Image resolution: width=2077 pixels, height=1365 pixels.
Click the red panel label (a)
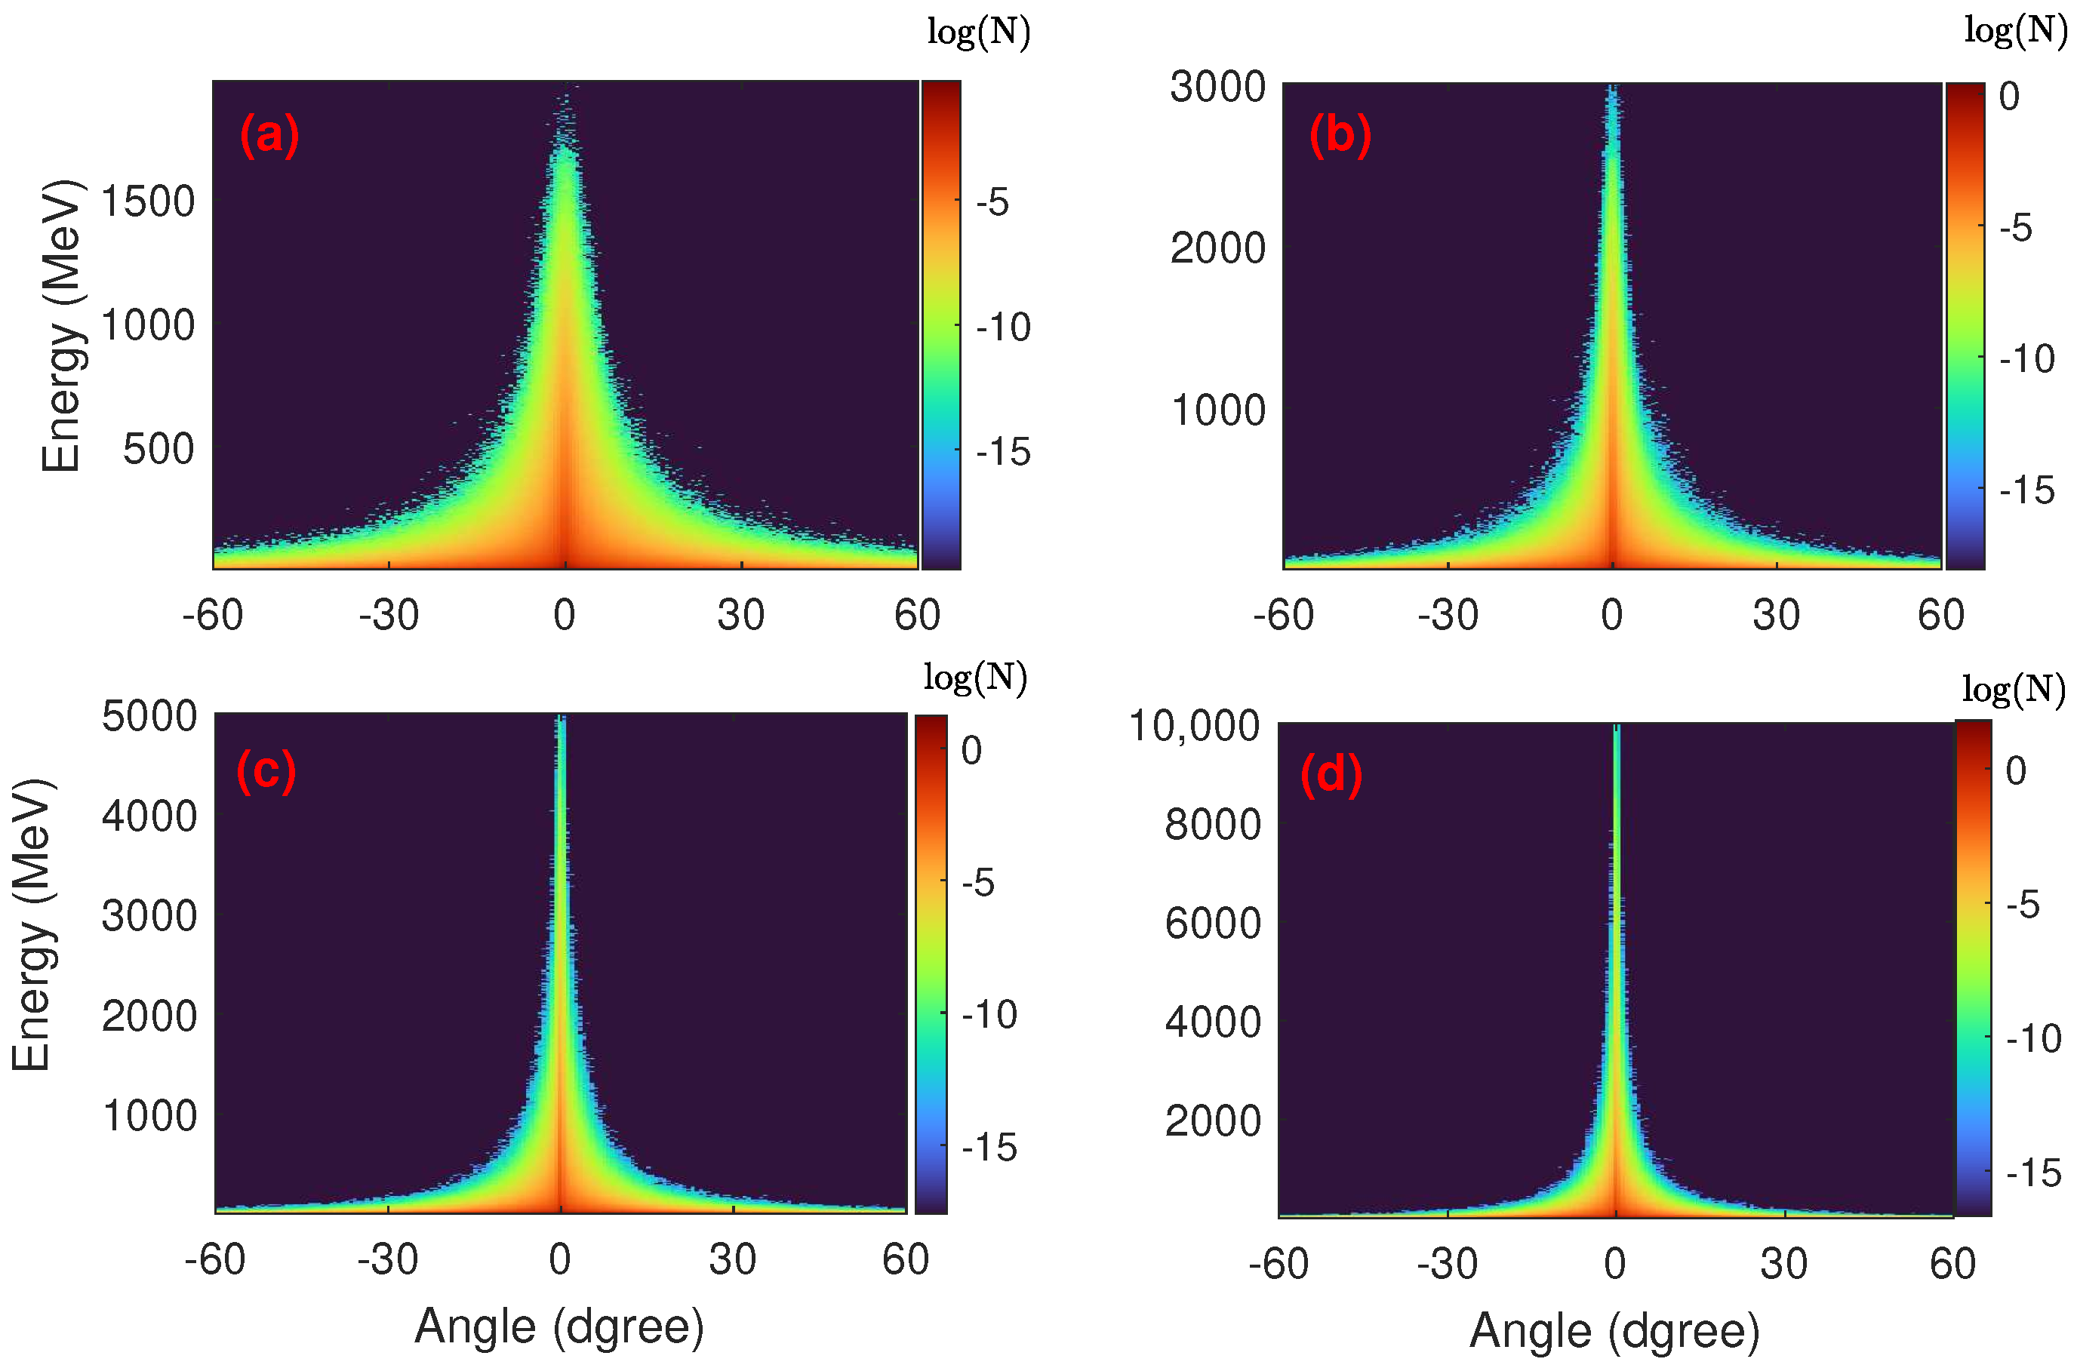[x=269, y=135]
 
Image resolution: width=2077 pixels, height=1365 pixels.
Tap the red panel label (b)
[x=1340, y=135]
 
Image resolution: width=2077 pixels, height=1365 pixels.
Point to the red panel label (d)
[x=1331, y=774]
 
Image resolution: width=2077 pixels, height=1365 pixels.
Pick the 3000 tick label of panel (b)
[x=1217, y=88]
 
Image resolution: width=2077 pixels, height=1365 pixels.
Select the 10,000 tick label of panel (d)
[x=1194, y=726]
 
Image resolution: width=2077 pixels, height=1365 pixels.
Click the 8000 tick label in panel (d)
[x=1212, y=825]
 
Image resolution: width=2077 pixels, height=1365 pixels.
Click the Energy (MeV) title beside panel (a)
[x=63, y=324]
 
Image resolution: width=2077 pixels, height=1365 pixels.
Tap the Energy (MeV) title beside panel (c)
[x=32, y=925]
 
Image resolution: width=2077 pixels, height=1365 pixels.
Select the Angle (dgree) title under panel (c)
[x=558, y=1327]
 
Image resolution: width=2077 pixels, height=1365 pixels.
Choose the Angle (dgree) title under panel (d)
[x=1614, y=1332]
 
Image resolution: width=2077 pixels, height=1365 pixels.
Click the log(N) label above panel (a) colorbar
[x=978, y=32]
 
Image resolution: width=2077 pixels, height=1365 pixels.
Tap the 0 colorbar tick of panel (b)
[x=2009, y=97]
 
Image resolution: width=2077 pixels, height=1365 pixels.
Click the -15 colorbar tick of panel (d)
[x=2033, y=1174]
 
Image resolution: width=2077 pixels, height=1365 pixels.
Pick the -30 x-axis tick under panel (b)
[x=1448, y=615]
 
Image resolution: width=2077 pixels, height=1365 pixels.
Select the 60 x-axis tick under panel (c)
[x=905, y=1259]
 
